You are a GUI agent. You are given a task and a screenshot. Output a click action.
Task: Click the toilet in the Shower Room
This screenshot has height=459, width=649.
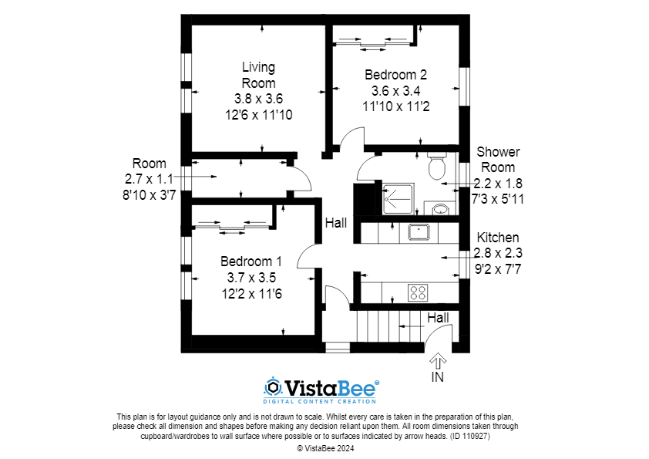coord(437,164)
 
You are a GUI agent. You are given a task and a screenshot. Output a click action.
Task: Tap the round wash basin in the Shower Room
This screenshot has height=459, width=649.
coord(439,209)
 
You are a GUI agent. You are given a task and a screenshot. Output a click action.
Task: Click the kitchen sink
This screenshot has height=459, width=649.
coord(419,231)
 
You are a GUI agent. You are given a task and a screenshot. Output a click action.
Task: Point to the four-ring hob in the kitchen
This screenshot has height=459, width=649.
coord(418,292)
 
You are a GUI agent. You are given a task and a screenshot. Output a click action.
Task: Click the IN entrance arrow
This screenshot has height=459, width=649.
coord(438,361)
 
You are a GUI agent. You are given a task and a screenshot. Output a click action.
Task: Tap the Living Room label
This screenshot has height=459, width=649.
coord(258,75)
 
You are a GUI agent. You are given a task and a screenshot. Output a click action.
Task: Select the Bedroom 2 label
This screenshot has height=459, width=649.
coord(395,75)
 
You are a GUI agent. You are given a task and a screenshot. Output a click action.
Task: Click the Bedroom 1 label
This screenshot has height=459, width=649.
coord(251,261)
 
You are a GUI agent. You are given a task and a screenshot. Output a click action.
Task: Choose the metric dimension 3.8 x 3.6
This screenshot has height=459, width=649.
coord(258,99)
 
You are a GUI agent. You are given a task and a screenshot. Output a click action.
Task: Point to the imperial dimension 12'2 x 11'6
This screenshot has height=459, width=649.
coord(251,293)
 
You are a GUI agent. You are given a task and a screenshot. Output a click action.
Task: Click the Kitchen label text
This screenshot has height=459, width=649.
coord(498,238)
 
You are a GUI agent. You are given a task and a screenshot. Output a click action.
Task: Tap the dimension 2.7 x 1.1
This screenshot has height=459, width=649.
coord(149,179)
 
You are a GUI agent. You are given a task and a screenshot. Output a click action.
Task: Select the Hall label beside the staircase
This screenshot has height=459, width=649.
coord(438,317)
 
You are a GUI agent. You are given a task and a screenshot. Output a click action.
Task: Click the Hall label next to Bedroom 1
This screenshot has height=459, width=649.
coord(335,223)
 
